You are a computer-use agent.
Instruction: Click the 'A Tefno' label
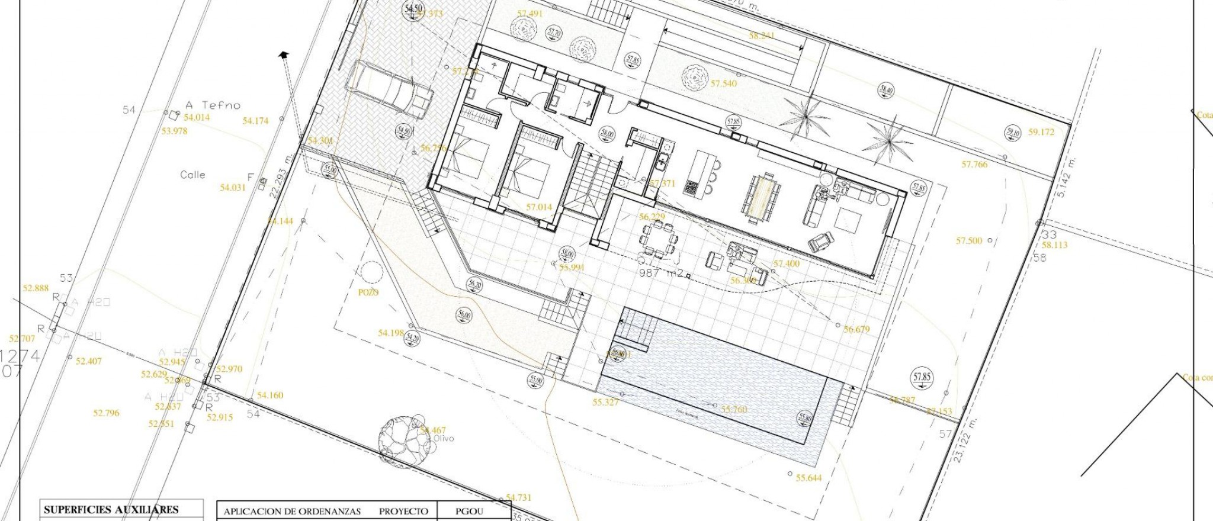tap(213, 105)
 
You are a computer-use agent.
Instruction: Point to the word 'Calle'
tap(192, 175)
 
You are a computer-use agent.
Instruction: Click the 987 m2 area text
tap(665, 274)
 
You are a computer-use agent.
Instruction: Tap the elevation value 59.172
tap(1041, 133)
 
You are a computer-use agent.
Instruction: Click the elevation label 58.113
tap(1054, 245)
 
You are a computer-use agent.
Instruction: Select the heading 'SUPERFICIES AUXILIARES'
tap(111, 509)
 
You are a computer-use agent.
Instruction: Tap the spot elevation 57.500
tap(969, 241)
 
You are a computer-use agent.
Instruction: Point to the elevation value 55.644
tap(808, 478)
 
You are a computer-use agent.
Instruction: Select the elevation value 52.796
tap(106, 413)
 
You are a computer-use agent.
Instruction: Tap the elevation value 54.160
tap(270, 395)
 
